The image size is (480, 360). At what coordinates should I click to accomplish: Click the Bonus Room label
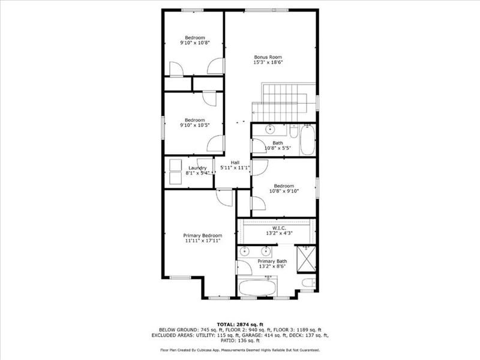click(268, 57)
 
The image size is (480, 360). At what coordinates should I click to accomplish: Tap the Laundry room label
click(197, 168)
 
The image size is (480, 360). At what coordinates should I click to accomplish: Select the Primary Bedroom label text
click(203, 235)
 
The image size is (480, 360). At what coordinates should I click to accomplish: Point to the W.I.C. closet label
click(279, 228)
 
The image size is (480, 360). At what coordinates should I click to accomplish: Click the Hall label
click(235, 163)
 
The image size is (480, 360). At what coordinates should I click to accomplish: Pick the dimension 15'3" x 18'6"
click(268, 62)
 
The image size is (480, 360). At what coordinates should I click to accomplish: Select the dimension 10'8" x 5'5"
click(278, 148)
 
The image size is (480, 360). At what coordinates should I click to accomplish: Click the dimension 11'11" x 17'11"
click(203, 241)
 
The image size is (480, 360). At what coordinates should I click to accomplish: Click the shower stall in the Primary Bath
click(307, 259)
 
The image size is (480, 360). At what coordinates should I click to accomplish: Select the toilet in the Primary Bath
click(308, 283)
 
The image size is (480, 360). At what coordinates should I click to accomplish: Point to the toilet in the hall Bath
click(293, 131)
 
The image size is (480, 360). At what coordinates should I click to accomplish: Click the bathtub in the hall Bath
click(307, 140)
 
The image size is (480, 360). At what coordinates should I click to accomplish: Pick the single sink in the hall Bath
click(270, 129)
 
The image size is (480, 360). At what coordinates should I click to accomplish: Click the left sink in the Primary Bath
click(244, 251)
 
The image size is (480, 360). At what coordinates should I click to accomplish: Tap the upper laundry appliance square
click(175, 166)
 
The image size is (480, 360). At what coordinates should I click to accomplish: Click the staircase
click(283, 102)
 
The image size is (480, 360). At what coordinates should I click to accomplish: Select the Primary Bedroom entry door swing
click(224, 197)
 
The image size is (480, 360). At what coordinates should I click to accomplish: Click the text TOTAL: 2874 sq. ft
click(240, 325)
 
